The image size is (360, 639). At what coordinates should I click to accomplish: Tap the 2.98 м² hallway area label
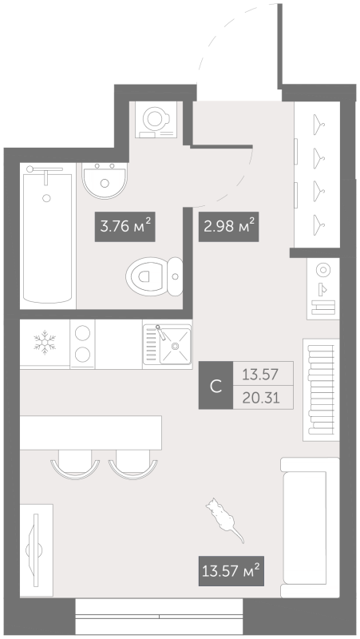point(227,226)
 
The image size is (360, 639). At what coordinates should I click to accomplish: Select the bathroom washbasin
point(103,182)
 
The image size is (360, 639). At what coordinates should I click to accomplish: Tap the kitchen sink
point(167,345)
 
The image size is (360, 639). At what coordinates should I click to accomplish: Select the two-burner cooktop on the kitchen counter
point(82,344)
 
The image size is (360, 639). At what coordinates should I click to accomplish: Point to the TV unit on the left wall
point(35,548)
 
